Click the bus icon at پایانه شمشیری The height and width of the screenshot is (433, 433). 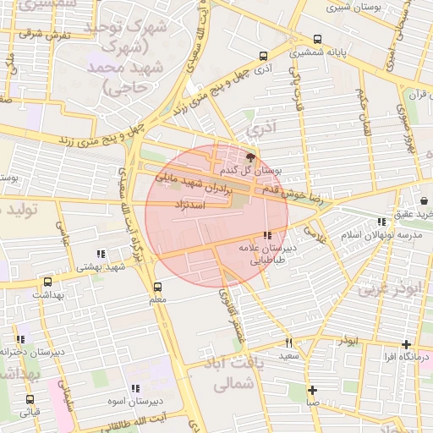[x=317, y=39]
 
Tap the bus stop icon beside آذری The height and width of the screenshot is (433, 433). [x=262, y=56]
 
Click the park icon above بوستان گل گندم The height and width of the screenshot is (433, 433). [x=249, y=156]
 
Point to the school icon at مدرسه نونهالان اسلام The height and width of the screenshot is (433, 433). [x=381, y=222]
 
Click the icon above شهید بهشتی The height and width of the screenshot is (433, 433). [x=101, y=254]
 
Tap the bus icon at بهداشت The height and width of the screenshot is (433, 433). [x=47, y=282]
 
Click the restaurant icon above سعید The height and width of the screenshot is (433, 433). [x=289, y=343]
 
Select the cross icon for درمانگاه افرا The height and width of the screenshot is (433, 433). [x=407, y=344]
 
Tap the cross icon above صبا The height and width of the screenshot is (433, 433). [x=313, y=390]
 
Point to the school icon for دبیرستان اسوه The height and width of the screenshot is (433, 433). [x=135, y=388]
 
